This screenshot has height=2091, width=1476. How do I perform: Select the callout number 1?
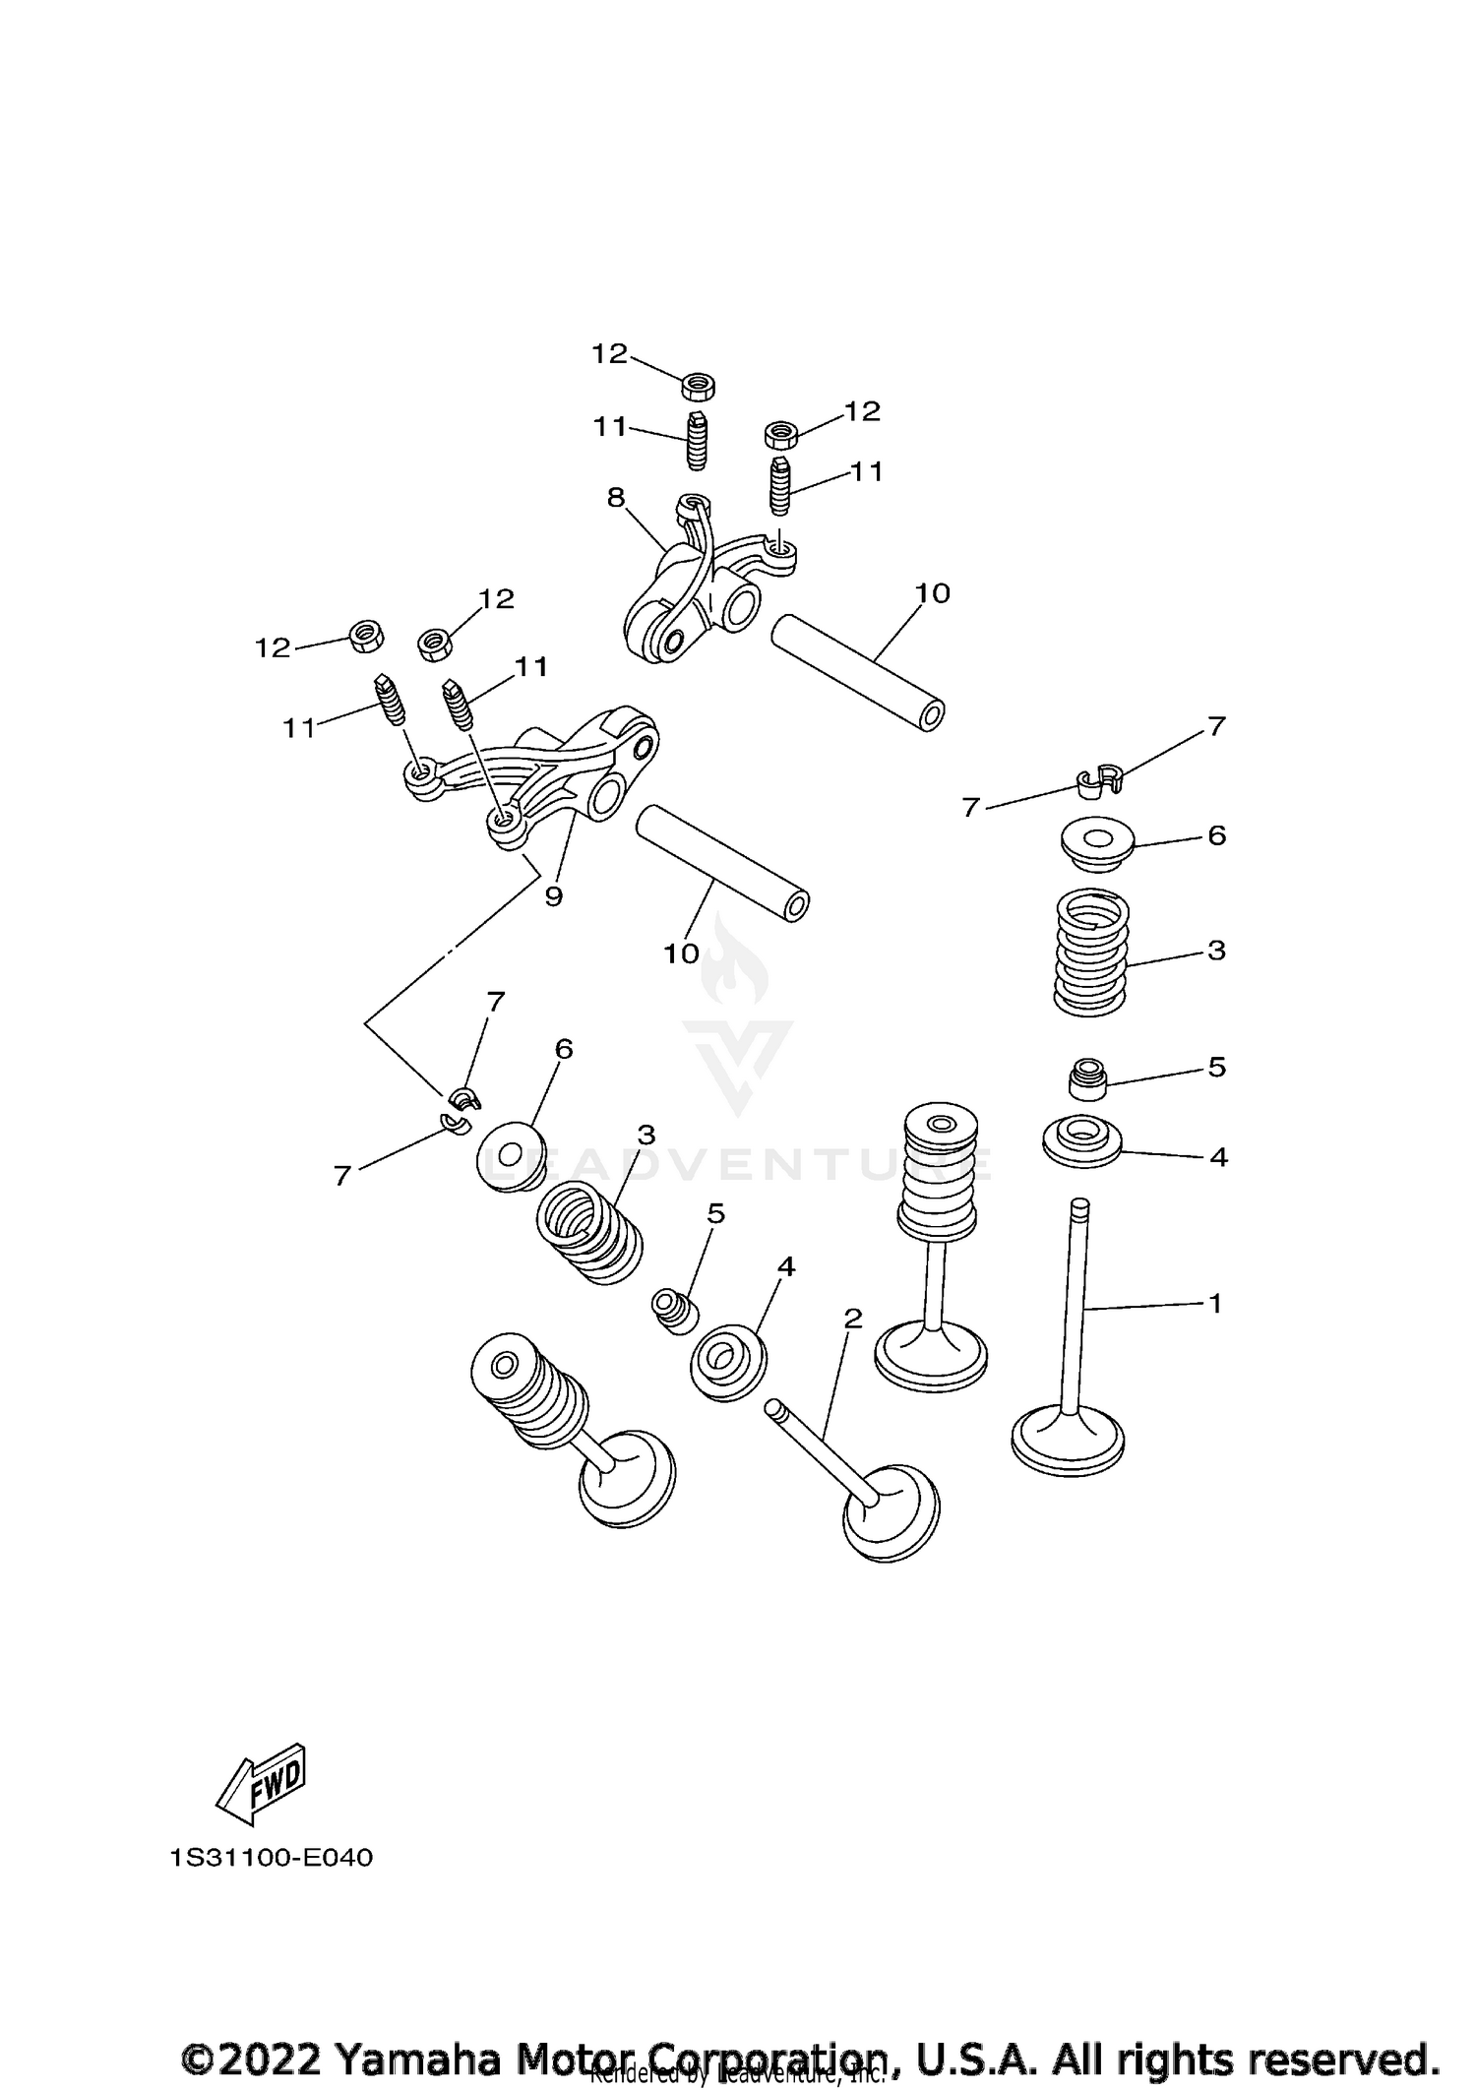point(1215,1304)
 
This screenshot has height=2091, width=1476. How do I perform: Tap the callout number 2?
point(852,1318)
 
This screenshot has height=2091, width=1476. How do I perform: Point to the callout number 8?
point(616,498)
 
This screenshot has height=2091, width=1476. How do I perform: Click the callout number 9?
point(553,896)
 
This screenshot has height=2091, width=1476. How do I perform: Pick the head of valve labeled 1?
point(1068,1444)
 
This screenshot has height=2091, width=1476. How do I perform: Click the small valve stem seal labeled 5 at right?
point(1087,1079)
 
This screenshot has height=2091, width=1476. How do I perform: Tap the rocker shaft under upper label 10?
point(857,672)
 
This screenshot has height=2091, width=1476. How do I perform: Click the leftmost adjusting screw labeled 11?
point(391,702)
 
